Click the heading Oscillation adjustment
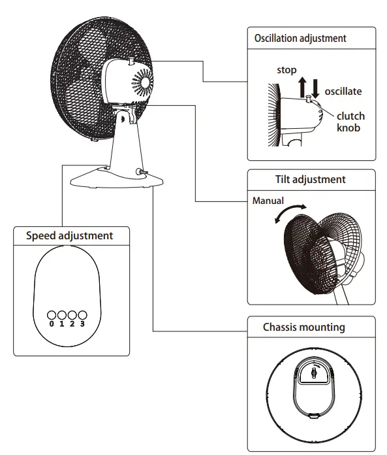click(x=300, y=39)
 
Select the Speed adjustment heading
click(x=69, y=235)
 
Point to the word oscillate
click(x=343, y=92)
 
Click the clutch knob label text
click(x=350, y=122)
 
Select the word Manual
click(x=268, y=201)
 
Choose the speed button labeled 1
click(x=62, y=314)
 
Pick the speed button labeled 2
click(x=72, y=314)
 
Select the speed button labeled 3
click(x=82, y=314)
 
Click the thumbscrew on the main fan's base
click(x=140, y=172)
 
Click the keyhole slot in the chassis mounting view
click(x=313, y=374)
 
